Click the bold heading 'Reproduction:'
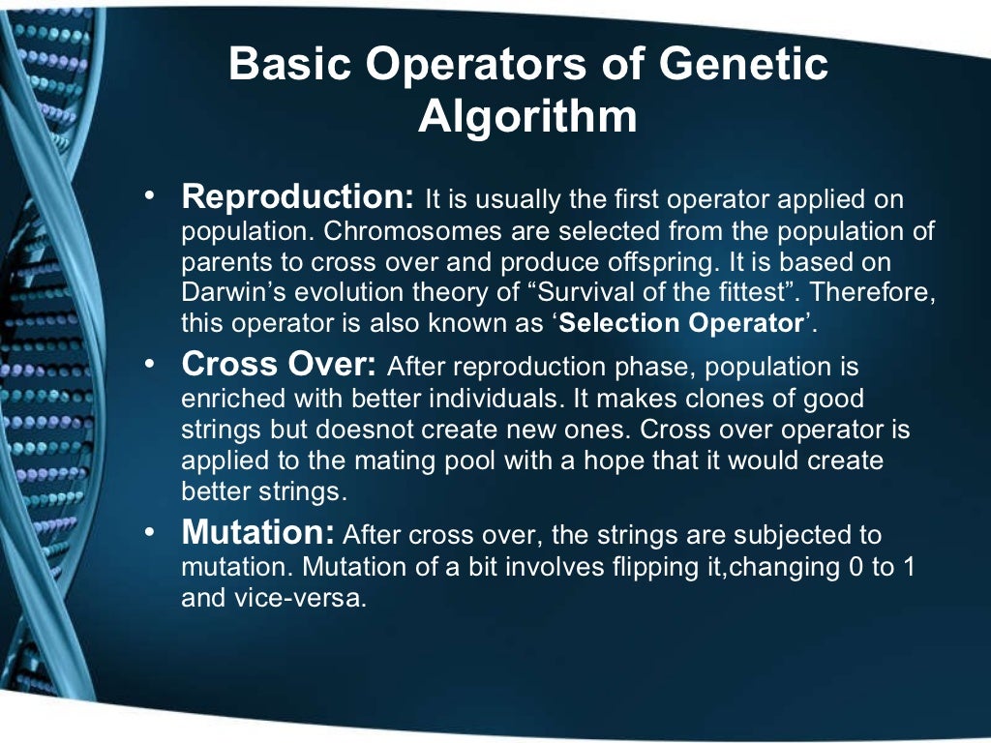[298, 198]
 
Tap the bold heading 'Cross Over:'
[279, 367]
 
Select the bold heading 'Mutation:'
[257, 533]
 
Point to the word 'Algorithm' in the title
[528, 117]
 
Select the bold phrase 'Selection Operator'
[682, 324]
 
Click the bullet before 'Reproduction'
[150, 198]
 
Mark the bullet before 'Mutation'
[150, 533]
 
